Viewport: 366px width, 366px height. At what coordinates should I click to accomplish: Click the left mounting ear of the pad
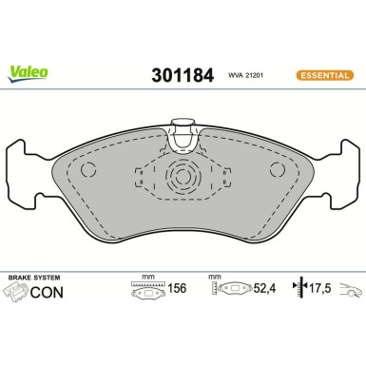tap(24, 176)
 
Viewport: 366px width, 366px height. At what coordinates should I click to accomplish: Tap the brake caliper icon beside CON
tap(18, 291)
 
